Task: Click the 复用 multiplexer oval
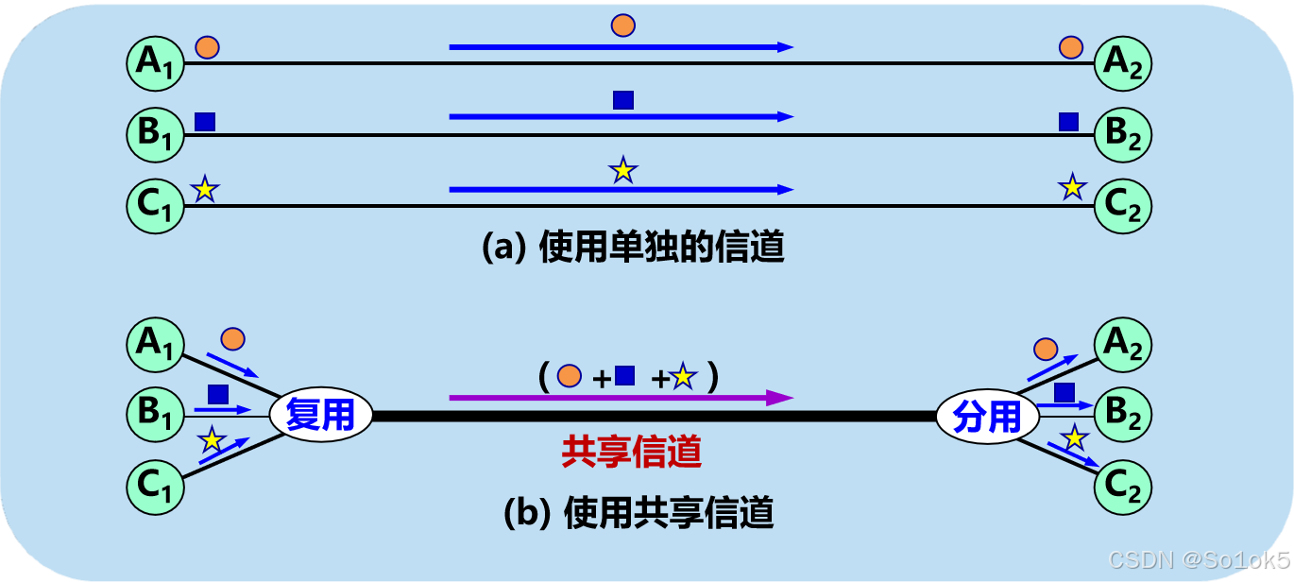320,416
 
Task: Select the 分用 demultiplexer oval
987,416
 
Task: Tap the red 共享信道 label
632,453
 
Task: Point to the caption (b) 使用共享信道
638,513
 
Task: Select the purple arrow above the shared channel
621,398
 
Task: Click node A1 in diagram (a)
154,62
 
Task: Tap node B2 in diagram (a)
1123,134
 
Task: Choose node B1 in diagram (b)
154,411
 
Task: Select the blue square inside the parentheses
624,376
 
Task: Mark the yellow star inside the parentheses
683,377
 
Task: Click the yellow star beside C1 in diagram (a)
205,190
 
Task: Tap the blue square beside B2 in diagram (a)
1068,121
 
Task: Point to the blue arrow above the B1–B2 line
621,117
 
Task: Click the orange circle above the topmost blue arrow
622,26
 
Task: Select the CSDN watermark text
1198,558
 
